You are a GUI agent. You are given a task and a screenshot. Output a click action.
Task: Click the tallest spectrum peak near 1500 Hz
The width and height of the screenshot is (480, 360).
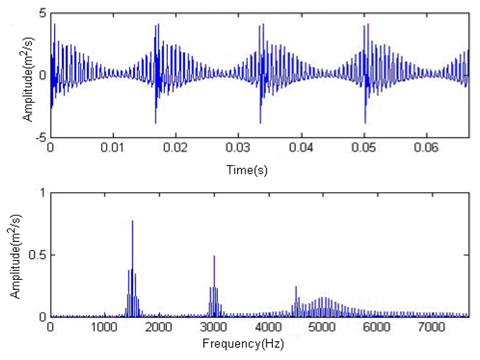point(132,221)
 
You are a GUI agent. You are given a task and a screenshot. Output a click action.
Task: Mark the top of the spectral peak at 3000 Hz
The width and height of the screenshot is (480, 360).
point(214,256)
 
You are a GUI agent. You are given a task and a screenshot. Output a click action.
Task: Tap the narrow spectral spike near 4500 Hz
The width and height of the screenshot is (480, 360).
point(296,287)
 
